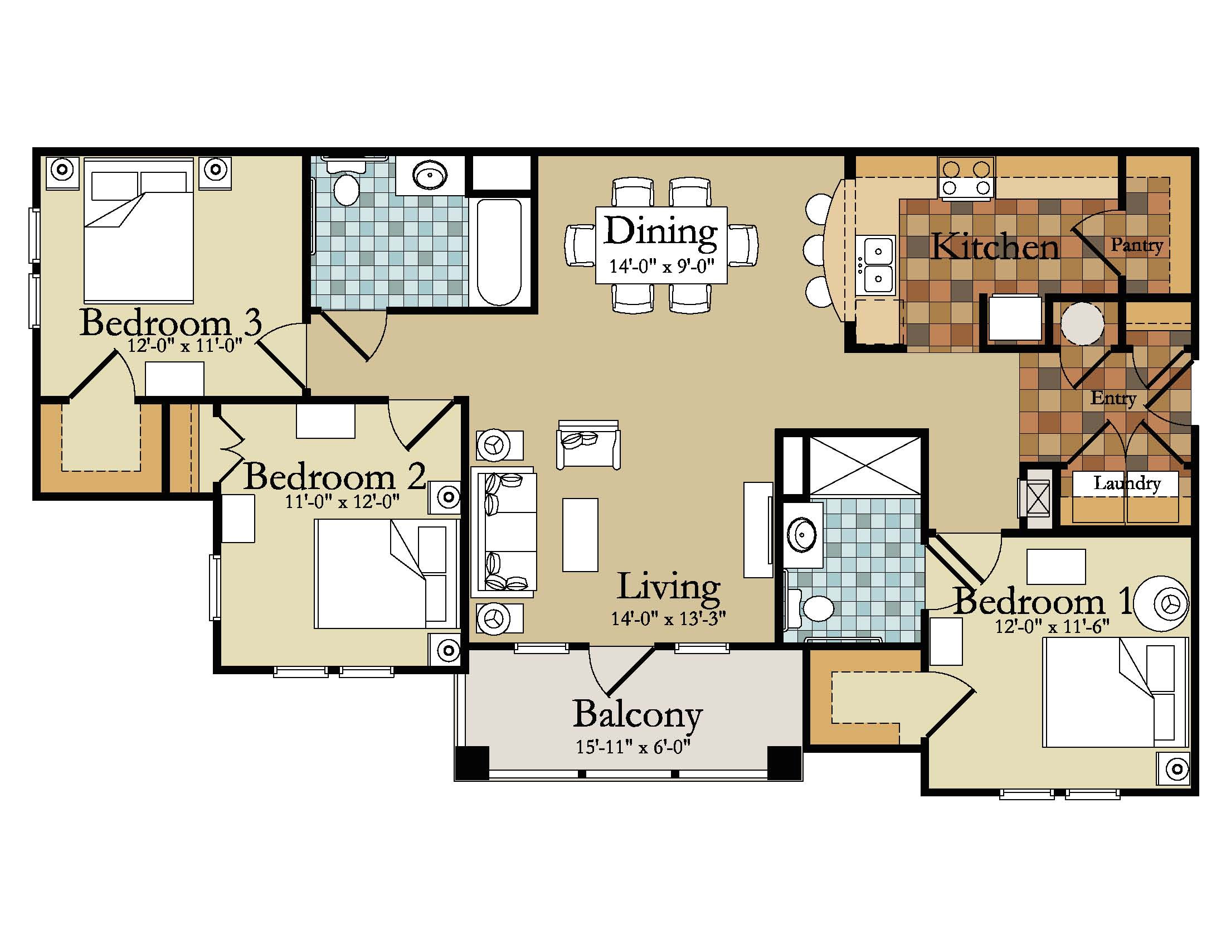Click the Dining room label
pos(661,231)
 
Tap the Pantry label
pos(1137,245)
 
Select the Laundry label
pos(1127,483)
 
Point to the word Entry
pos(1113,398)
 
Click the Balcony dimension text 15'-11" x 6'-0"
pos(633,747)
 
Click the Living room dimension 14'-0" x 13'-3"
pos(668,618)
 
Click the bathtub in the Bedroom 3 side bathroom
pos(499,251)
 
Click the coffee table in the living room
pos(580,535)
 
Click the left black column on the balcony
pos(471,763)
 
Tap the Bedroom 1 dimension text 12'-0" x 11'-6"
pos(1052,626)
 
